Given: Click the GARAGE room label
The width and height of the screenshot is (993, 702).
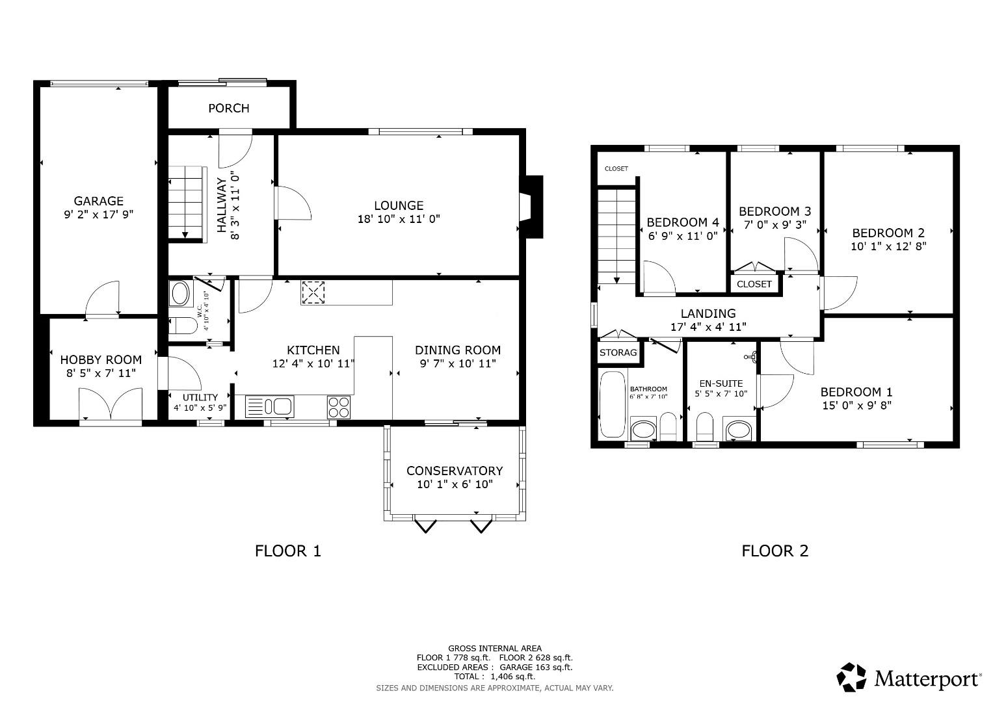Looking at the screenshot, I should coord(98,201).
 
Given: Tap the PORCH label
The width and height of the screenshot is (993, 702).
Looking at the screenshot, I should coord(228,108).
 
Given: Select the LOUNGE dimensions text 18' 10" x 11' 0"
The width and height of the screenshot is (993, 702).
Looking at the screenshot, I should coord(399,219).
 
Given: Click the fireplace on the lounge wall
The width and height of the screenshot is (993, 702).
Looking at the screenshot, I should coord(532,207).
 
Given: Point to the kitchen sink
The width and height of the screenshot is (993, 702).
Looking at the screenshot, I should coord(271,407).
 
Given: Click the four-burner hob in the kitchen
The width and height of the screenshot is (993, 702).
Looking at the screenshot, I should coord(339,407).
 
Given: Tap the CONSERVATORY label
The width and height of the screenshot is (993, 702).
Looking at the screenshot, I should coord(455,471).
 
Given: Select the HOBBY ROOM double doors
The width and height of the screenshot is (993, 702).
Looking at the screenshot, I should coord(111,406).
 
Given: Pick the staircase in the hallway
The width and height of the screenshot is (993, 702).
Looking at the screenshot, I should coord(185,202).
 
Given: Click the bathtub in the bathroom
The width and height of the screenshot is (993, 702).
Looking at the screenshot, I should coord(611,404).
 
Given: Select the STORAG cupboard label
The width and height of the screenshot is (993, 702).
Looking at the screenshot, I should coord(618,353).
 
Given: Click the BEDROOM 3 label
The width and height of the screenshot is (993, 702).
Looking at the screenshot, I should coord(775,211).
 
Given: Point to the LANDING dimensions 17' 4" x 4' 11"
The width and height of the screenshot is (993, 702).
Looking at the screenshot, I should coord(708,327).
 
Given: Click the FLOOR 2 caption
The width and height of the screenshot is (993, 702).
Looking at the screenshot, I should coord(775,551).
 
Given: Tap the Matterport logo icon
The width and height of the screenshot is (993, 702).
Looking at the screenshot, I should coord(851,677).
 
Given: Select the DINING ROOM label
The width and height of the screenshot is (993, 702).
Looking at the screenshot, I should coord(458,350).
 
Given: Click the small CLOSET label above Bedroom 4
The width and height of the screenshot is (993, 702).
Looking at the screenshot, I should coord(616,168).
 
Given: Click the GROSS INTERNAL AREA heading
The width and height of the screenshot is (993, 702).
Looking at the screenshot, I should coord(494,648).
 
